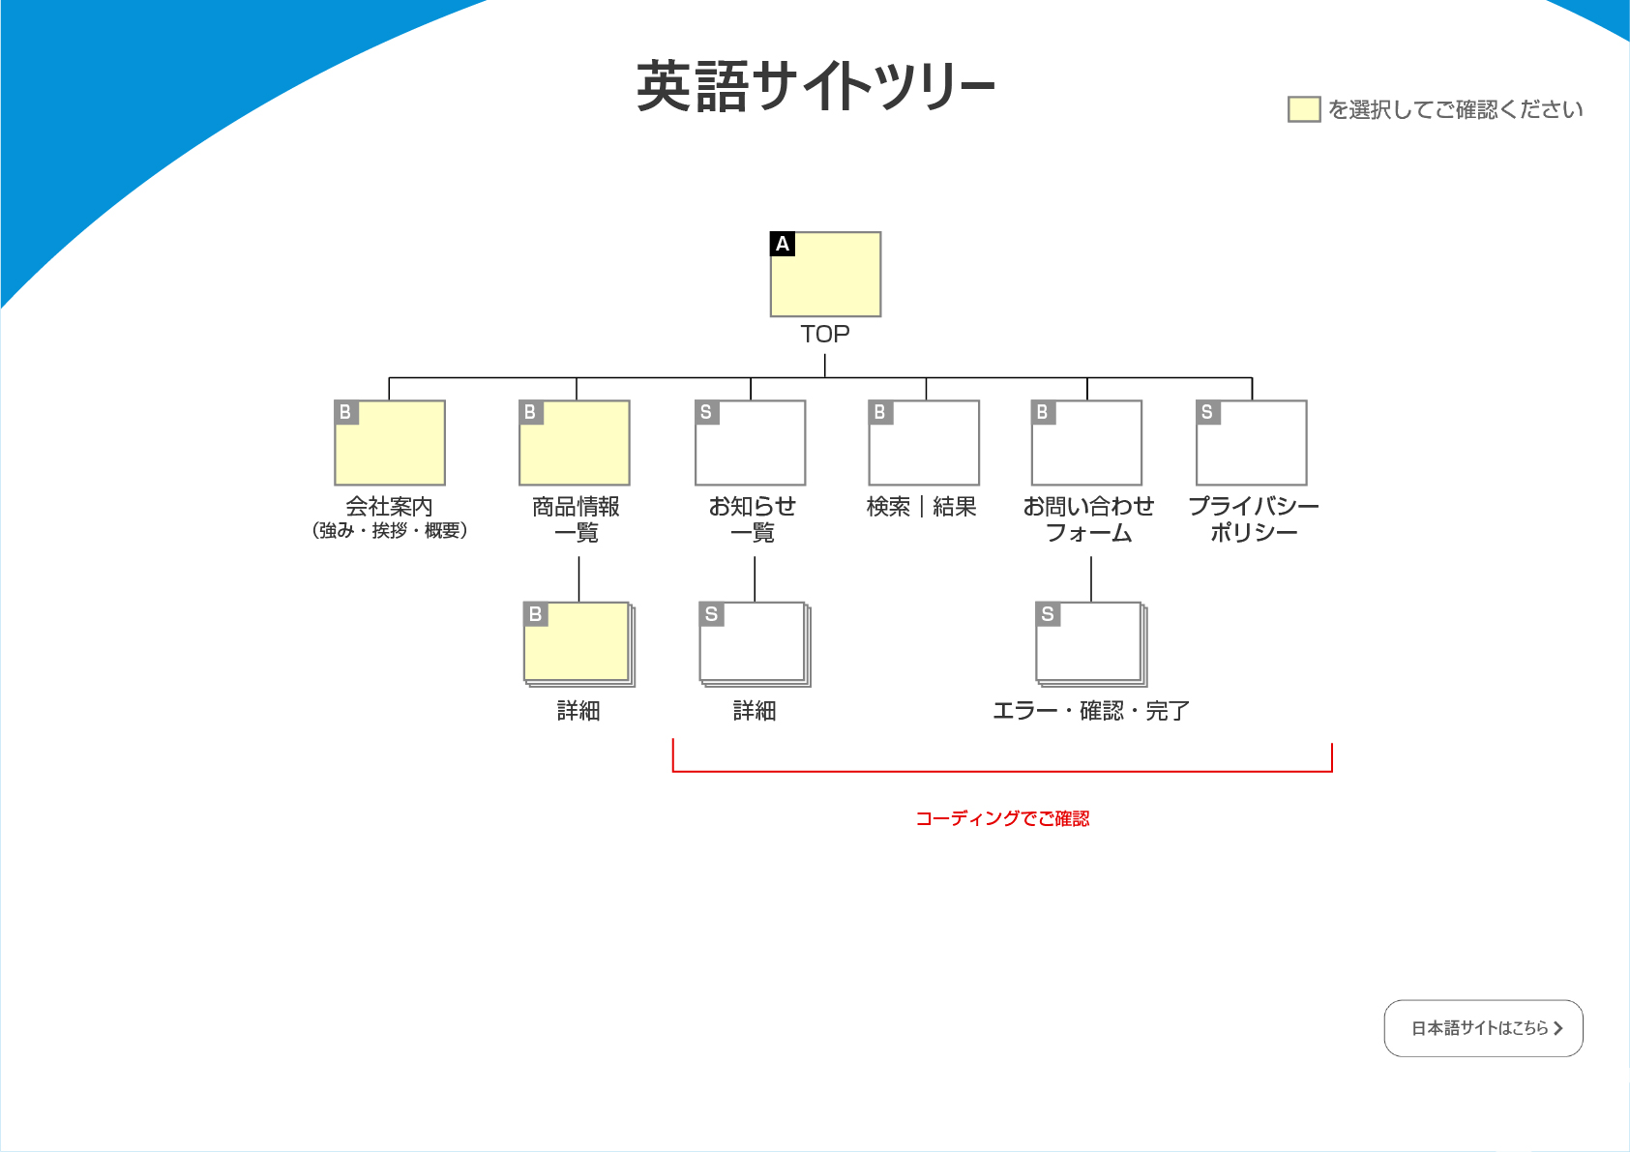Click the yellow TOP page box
click(825, 275)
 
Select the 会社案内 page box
click(390, 443)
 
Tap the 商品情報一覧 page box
click(575, 443)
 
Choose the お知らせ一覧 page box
click(751, 443)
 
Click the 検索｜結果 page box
click(924, 443)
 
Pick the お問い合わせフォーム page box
click(1086, 443)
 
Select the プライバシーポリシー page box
click(1252, 443)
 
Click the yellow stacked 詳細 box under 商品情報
click(578, 643)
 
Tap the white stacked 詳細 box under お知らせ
click(754, 643)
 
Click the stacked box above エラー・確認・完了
click(1090, 643)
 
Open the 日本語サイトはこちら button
click(1483, 1028)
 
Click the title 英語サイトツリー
click(815, 87)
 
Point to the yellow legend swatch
click(1304, 109)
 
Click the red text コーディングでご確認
click(1002, 819)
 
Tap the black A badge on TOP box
click(783, 244)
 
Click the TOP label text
click(825, 335)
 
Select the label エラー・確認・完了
click(1090, 712)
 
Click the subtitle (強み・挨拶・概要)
click(390, 531)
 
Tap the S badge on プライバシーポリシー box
click(1207, 413)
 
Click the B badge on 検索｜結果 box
click(880, 413)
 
